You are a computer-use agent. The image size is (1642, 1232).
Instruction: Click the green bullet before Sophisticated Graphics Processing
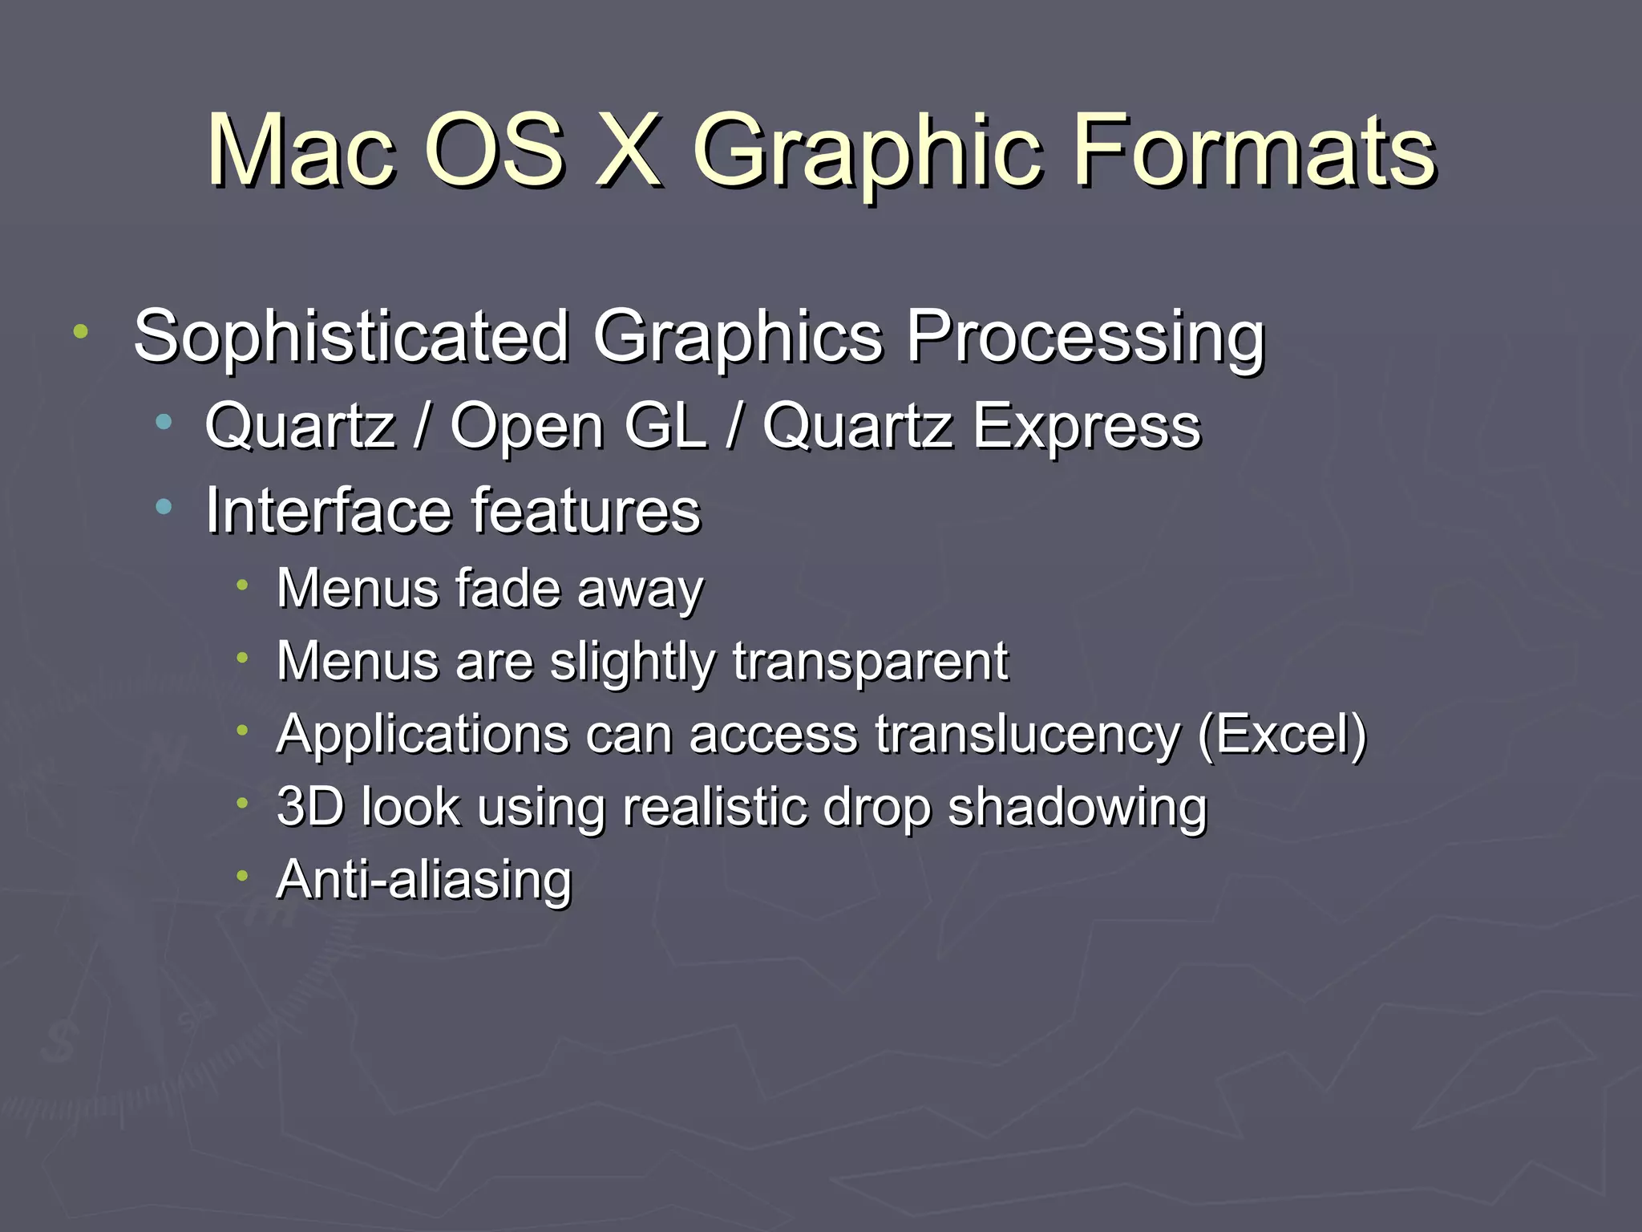tap(80, 330)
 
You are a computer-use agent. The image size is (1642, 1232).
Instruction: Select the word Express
tap(1086, 427)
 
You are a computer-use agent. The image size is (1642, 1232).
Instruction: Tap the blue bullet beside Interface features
tap(164, 505)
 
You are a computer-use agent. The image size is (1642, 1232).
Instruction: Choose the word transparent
tap(869, 663)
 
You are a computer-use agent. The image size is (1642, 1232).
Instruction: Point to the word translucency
tap(1027, 736)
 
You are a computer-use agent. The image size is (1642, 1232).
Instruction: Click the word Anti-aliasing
tap(424, 879)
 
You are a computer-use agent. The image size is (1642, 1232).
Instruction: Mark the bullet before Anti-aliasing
tap(242, 875)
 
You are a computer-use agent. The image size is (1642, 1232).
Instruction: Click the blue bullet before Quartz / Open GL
tap(164, 421)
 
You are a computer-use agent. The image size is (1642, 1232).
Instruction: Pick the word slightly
tap(633, 663)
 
